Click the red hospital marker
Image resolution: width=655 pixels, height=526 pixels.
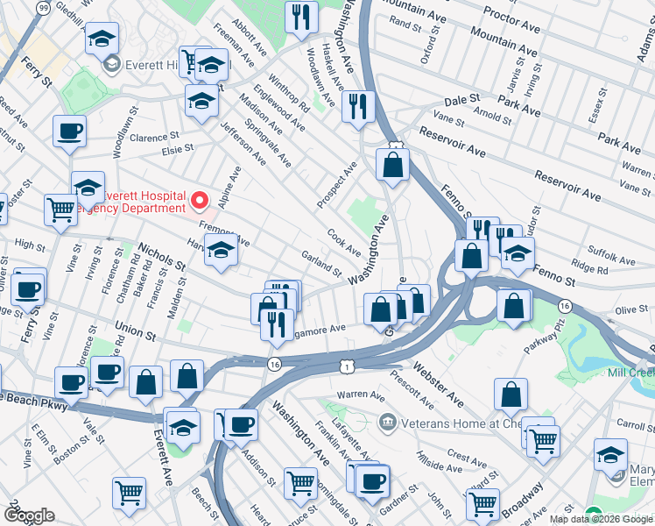(x=199, y=203)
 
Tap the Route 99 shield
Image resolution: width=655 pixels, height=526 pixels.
(x=44, y=7)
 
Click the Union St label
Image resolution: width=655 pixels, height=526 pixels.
(x=135, y=333)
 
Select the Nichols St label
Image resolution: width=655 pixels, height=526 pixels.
(x=164, y=259)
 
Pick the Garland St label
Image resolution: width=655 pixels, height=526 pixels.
(x=320, y=262)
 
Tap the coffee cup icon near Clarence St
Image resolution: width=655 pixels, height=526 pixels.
(x=69, y=132)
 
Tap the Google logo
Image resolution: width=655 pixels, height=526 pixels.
(x=29, y=515)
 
